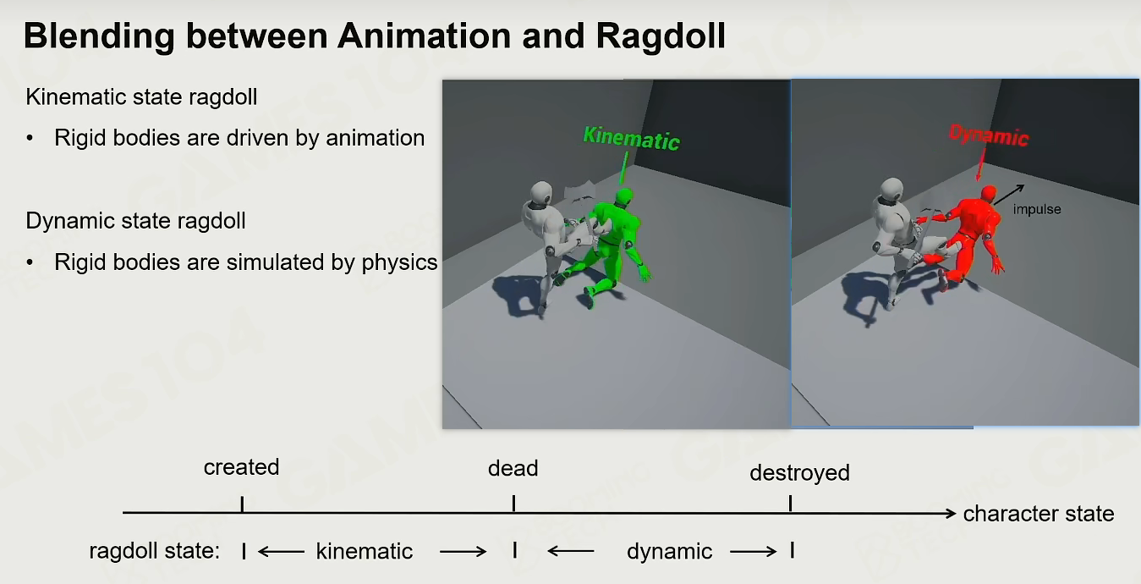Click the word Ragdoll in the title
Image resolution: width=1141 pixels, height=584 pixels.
tap(660, 36)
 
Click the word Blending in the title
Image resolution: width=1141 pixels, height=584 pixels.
tap(99, 36)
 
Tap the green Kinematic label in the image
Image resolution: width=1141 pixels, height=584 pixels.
tap(631, 138)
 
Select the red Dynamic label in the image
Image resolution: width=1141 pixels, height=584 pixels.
tap(989, 135)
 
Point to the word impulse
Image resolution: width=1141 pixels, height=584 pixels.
tap(1037, 209)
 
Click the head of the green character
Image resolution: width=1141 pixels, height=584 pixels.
tap(624, 196)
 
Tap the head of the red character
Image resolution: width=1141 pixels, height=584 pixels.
tap(988, 193)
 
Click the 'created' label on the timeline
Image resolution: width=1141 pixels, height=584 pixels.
tap(241, 467)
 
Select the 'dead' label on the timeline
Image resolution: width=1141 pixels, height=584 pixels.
tap(513, 468)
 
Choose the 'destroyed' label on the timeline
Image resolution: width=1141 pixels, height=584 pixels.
tap(800, 473)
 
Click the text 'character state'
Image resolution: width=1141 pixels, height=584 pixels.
tap(1039, 514)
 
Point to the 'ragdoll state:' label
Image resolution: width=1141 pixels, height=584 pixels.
tap(154, 551)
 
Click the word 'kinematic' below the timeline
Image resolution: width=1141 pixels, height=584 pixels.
tap(365, 551)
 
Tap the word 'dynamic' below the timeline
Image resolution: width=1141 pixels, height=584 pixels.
tap(669, 551)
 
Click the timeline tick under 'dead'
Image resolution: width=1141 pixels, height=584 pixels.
tap(513, 504)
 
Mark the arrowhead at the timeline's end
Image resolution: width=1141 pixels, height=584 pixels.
tap(951, 513)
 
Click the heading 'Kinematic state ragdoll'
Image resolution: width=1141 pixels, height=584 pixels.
tap(141, 96)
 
